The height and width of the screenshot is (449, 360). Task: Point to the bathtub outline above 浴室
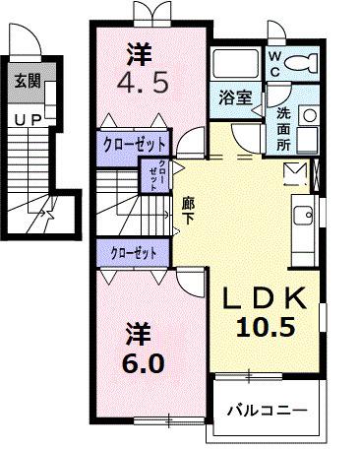tap(235, 66)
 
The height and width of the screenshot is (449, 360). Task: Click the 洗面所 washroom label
tap(282, 126)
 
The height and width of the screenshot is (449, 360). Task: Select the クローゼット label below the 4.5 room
tap(135, 143)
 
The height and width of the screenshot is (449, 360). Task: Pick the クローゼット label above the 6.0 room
tap(135, 252)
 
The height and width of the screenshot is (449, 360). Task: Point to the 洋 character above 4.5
tap(141, 50)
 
